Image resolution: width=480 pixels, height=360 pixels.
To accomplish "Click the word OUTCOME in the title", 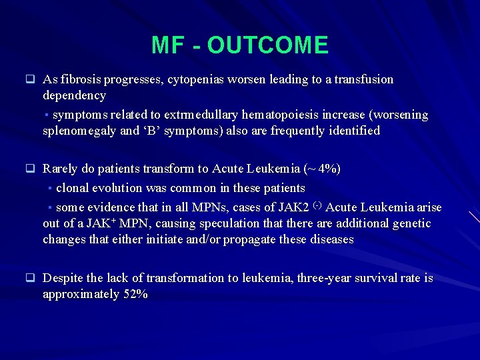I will [x=268, y=45].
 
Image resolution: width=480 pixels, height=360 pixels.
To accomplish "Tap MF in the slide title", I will [x=167, y=45].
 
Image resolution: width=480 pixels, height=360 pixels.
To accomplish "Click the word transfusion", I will [x=359, y=79].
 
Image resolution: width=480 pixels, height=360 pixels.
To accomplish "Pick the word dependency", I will [x=74, y=95].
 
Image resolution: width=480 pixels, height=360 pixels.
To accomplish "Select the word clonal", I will [x=73, y=188].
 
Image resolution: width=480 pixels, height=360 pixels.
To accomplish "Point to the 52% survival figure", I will [x=136, y=294].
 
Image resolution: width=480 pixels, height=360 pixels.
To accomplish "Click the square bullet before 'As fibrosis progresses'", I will [x=30, y=79].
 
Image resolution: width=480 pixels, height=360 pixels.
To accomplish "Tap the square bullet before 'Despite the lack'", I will [x=30, y=278].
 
